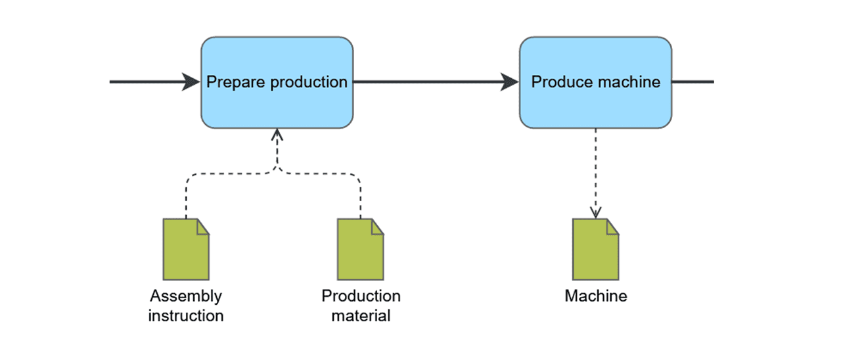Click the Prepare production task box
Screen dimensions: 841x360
pos(277,83)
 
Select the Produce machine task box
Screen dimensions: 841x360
pos(595,83)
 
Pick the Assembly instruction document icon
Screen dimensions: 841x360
pos(186,249)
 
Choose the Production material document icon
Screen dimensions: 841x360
pos(361,249)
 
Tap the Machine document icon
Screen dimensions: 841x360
pos(595,249)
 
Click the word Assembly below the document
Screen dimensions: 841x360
pos(186,296)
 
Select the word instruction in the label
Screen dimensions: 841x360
pos(186,316)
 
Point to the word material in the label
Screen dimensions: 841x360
pos(361,316)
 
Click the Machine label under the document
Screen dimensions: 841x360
pos(596,296)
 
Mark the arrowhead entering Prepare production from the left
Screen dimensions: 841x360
pos(191,82)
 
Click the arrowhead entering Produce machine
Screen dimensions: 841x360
pos(510,82)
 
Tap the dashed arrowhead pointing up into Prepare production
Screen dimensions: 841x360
pos(277,135)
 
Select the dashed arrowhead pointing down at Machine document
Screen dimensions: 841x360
pos(595,212)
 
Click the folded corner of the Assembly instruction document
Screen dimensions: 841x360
pos(203,227)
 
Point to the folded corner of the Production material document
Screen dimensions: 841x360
pos(377,227)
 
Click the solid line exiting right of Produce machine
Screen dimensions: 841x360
pos(693,81)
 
